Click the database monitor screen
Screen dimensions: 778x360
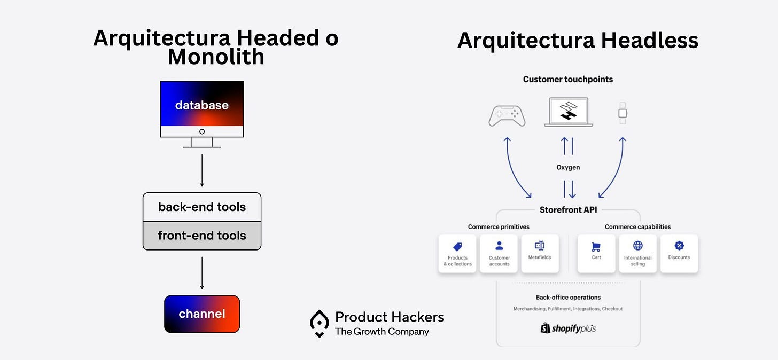coord(202,104)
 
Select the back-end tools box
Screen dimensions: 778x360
coord(202,207)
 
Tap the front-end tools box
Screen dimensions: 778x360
coord(202,236)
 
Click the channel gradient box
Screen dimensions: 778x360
coord(202,314)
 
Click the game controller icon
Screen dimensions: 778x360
coord(507,115)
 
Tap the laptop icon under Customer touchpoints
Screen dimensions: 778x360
coord(568,112)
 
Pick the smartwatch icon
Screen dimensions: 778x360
coord(623,113)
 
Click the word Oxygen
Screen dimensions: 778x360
coord(568,167)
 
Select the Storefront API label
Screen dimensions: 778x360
coord(568,210)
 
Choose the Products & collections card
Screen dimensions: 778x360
coord(457,254)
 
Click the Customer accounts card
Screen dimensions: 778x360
coord(499,254)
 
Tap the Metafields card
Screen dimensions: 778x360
coord(540,254)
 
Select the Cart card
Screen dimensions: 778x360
coord(596,254)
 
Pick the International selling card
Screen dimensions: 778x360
coord(637,254)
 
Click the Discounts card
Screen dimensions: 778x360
coord(679,254)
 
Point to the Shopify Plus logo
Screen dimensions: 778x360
coord(568,328)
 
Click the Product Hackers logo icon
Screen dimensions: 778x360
coord(320,323)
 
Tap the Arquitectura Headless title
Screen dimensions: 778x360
coord(578,41)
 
